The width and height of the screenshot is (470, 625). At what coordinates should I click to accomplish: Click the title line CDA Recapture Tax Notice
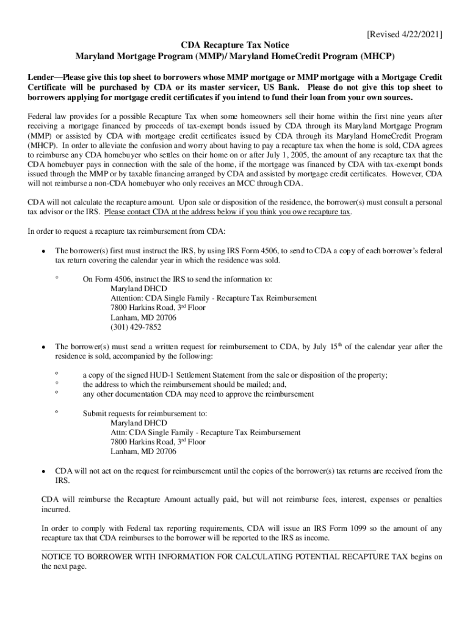[x=235, y=46]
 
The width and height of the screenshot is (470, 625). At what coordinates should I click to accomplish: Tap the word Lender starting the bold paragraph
[x=43, y=78]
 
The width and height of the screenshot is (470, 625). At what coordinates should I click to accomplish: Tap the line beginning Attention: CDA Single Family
[x=213, y=298]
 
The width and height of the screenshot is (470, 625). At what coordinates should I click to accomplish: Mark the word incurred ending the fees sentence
[x=56, y=509]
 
